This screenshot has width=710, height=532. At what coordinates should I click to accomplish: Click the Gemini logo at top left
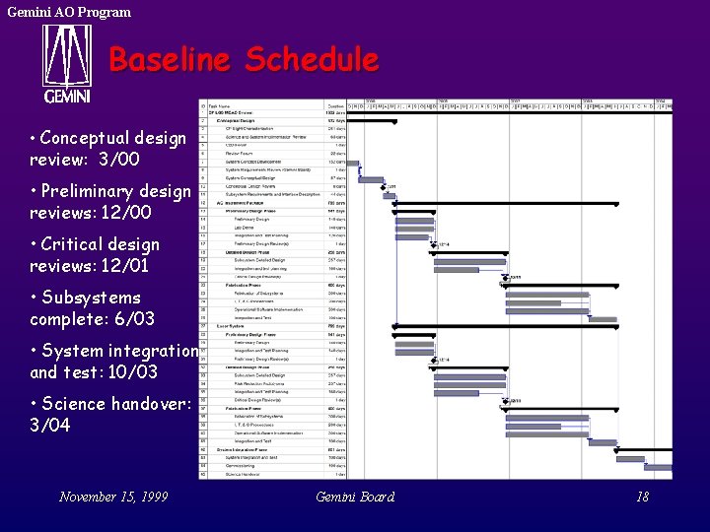[x=66, y=63]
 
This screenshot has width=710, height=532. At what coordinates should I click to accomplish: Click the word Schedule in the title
[x=312, y=60]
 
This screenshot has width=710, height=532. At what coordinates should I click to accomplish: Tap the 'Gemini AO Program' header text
[x=69, y=12]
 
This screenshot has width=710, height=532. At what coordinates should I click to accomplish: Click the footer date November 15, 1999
[x=113, y=497]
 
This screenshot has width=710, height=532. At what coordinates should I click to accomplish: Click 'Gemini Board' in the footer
[x=355, y=497]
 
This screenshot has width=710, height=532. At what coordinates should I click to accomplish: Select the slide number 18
[x=642, y=497]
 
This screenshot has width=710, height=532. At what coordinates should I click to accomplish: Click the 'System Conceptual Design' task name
[x=254, y=178]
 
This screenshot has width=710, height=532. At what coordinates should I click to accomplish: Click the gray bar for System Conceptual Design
[x=371, y=179]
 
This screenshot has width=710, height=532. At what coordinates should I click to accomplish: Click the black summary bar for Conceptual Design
[x=379, y=121]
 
